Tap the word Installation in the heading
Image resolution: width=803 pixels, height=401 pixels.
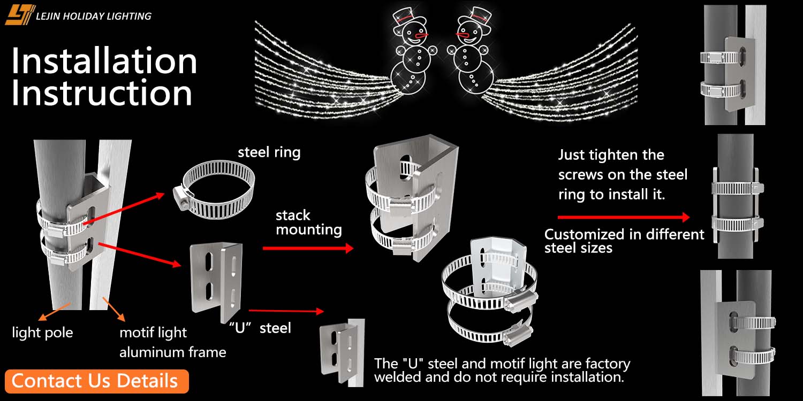tap(104, 61)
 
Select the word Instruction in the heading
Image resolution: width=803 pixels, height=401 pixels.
tap(102, 93)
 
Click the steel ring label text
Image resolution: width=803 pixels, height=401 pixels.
tap(269, 152)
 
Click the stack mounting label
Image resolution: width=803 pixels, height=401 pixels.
tap(308, 222)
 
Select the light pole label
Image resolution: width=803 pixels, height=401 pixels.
tap(43, 333)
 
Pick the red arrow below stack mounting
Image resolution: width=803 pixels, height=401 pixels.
tap(308, 248)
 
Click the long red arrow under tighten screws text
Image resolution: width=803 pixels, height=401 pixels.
tap(624, 217)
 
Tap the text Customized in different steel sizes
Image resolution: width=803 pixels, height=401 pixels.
tap(624, 241)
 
